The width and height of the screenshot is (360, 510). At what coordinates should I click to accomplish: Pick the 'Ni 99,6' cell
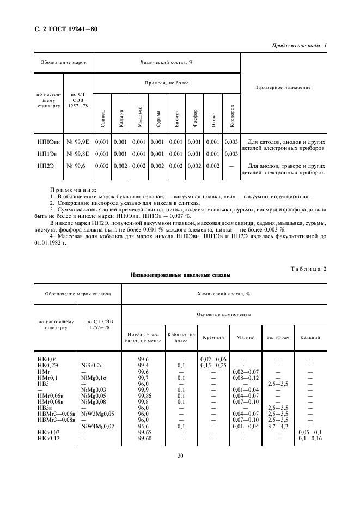tap(77, 166)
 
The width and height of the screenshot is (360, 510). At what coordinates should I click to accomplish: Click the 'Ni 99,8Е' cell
tap(78, 154)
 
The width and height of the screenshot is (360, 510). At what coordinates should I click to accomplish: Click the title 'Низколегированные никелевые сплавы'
tap(180, 276)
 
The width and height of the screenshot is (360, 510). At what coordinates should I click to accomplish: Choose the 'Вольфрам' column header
tap(278, 338)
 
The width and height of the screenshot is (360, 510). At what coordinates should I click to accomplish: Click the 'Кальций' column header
tap(310, 338)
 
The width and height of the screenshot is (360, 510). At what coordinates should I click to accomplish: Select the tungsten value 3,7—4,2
tap(278, 426)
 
